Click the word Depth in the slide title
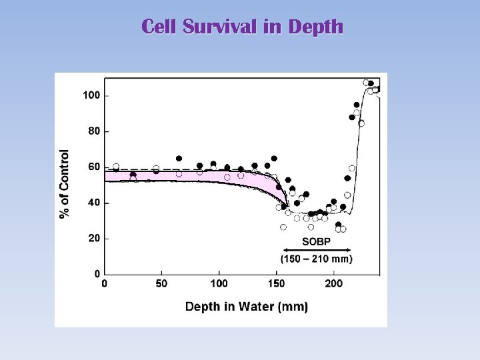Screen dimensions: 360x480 pyautogui.click(x=317, y=27)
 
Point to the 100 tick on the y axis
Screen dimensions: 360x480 pyautogui.click(x=91, y=95)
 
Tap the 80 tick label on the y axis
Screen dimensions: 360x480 pyautogui.click(x=93, y=131)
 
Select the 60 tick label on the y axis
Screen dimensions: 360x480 pyautogui.click(x=93, y=167)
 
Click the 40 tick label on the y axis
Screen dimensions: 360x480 pyautogui.click(x=93, y=203)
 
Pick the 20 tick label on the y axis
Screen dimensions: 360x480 pyautogui.click(x=93, y=238)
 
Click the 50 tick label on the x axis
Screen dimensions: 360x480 pyautogui.click(x=161, y=284)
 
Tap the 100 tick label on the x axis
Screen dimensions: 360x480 pyautogui.click(x=219, y=284)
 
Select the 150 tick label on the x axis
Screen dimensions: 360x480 pyautogui.click(x=276, y=284)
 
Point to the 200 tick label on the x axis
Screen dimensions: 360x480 pyautogui.click(x=333, y=284)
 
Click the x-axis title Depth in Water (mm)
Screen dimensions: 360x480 pyautogui.click(x=246, y=307)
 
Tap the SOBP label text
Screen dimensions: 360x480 pyautogui.click(x=317, y=241)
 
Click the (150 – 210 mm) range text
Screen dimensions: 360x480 pyautogui.click(x=317, y=259)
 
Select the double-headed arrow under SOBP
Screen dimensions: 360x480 pyautogui.click(x=317, y=250)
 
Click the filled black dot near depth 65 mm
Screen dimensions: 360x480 pyautogui.click(x=179, y=159)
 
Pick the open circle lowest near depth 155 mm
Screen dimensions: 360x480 pyautogui.click(x=283, y=227)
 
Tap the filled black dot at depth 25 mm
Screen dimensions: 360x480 pyautogui.click(x=133, y=175)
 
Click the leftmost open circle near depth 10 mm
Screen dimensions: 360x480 pyautogui.click(x=116, y=167)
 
